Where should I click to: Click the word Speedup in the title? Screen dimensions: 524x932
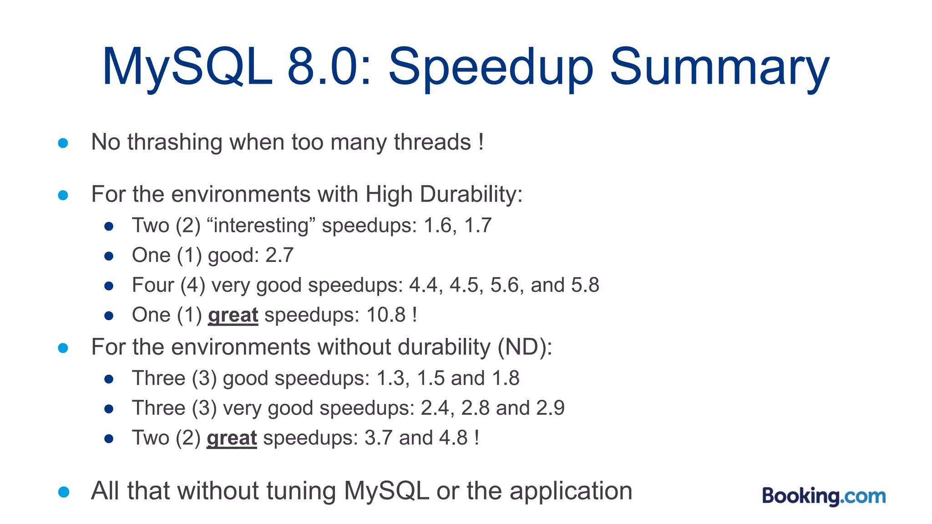491,68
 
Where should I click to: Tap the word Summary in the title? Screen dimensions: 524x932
719,68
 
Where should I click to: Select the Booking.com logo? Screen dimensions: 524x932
824,496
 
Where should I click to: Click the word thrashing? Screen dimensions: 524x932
174,142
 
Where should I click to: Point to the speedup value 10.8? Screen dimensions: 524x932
386,315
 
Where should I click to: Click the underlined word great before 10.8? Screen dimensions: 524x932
233,315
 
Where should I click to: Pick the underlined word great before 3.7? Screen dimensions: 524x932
232,438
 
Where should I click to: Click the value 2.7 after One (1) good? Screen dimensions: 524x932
279,255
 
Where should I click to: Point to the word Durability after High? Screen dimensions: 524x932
471,194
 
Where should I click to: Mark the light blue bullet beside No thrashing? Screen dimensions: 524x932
63,143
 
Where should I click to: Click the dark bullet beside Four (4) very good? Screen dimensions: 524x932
109,286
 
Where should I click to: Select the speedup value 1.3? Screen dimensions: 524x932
390,378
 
